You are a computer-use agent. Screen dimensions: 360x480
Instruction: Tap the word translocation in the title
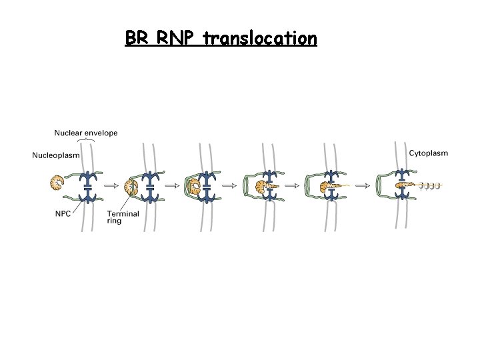(261, 39)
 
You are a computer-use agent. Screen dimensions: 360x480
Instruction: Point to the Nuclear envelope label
(86, 133)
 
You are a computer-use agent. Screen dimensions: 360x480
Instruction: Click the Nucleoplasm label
(56, 156)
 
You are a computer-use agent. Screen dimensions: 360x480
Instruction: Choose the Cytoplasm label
(428, 153)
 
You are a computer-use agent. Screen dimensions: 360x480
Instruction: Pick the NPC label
(63, 213)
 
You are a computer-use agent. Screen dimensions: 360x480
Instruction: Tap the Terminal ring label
(123, 217)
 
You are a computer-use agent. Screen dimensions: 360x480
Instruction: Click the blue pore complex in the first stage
(87, 186)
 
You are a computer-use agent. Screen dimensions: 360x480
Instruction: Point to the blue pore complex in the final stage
(402, 186)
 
